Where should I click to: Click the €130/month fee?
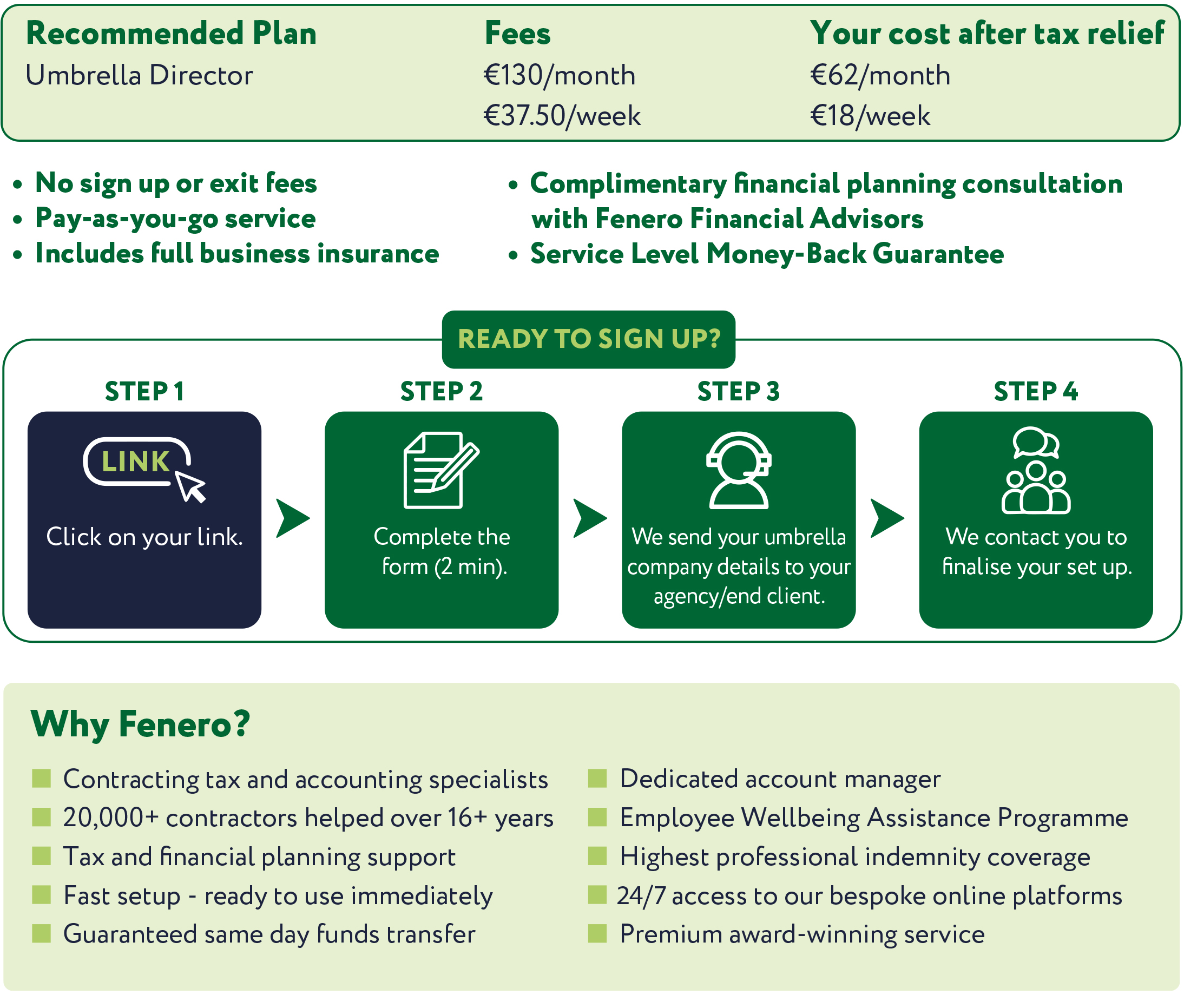click(x=559, y=75)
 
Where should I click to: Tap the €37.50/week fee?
click(x=562, y=116)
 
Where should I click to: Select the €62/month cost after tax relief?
click(x=880, y=75)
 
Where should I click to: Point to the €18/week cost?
click(x=870, y=116)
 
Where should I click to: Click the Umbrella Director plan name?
click(x=139, y=75)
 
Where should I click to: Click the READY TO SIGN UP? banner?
click(x=588, y=339)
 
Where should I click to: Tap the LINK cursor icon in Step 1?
click(x=144, y=468)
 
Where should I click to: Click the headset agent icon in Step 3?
click(x=739, y=470)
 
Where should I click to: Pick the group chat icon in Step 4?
click(x=1036, y=470)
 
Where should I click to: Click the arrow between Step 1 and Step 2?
click(x=293, y=518)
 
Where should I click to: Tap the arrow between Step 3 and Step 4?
click(x=887, y=518)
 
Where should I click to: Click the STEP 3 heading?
click(x=739, y=392)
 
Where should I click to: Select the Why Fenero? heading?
click(x=140, y=724)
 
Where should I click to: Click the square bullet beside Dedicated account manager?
click(x=597, y=779)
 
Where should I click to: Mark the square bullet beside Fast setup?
click(x=41, y=894)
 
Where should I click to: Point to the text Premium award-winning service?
click(x=802, y=934)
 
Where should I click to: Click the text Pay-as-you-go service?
click(x=175, y=218)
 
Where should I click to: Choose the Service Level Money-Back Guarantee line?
click(x=767, y=254)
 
